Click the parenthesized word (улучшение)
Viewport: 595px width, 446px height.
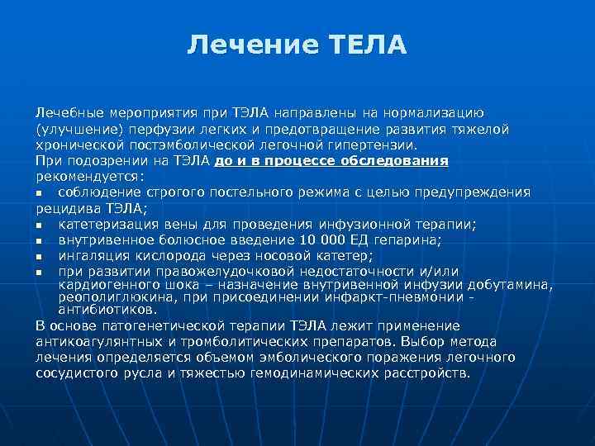point(73,129)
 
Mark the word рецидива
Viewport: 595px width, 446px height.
point(64,208)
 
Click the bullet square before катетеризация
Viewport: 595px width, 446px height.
point(40,225)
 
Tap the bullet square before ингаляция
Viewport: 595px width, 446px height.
point(40,256)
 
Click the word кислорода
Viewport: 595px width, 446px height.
point(151,256)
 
